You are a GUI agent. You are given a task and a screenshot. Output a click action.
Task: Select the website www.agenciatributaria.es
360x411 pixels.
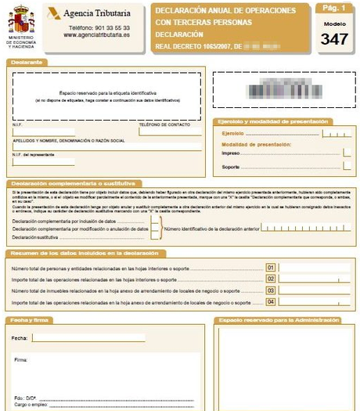[x=97, y=35]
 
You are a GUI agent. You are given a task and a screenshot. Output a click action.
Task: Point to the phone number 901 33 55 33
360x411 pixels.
[x=107, y=27]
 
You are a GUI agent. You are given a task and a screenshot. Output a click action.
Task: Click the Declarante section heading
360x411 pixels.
[x=27, y=61]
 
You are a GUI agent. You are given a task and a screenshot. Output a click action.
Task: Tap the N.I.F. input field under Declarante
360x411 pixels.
[x=43, y=132]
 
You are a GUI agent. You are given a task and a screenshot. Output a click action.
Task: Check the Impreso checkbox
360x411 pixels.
[x=345, y=153]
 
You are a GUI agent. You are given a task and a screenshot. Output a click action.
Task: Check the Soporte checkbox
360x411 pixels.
[x=345, y=167]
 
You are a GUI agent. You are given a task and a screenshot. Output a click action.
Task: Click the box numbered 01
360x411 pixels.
[x=271, y=268]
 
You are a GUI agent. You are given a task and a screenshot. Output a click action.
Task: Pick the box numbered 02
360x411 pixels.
[x=271, y=279]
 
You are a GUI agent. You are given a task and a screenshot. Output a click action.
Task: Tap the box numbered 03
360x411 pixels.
[x=271, y=290]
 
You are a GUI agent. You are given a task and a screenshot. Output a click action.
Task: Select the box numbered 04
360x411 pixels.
[x=271, y=301]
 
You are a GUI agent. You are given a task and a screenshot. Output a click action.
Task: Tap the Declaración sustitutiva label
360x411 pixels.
[x=36, y=236]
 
